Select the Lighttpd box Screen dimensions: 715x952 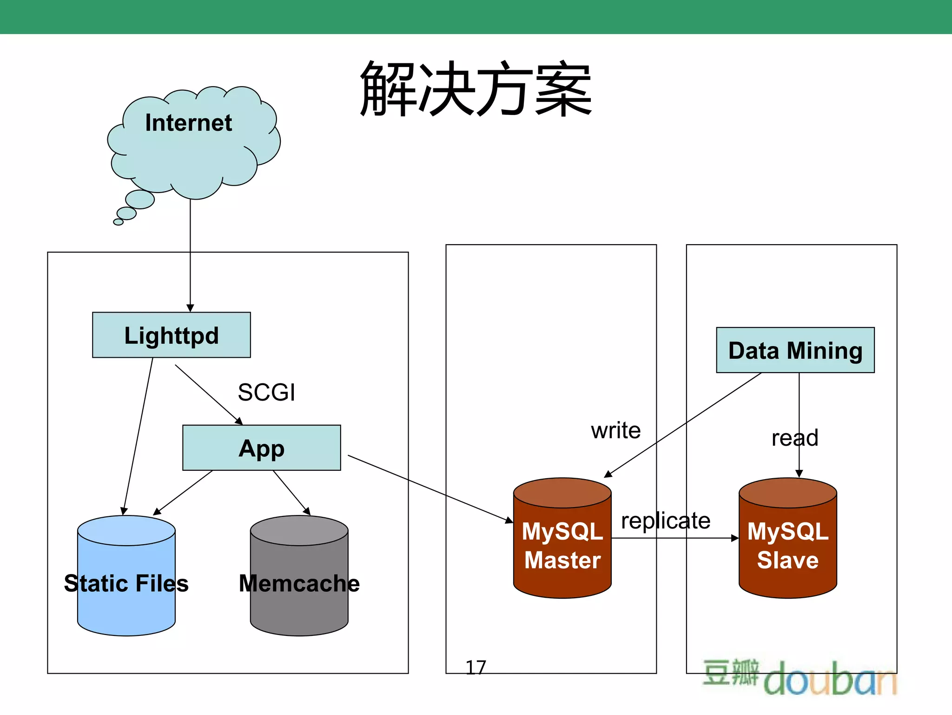(171, 335)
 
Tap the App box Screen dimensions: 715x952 (261, 448)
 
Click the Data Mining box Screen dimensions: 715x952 (795, 350)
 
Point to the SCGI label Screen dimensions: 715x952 (266, 392)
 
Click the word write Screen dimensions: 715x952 (615, 430)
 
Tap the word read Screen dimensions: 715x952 (794, 438)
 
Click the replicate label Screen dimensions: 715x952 (665, 521)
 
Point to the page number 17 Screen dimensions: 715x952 (476, 668)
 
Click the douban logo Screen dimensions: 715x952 (800, 677)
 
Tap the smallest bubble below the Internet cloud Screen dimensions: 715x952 (119, 222)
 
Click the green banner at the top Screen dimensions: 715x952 (476, 16)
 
